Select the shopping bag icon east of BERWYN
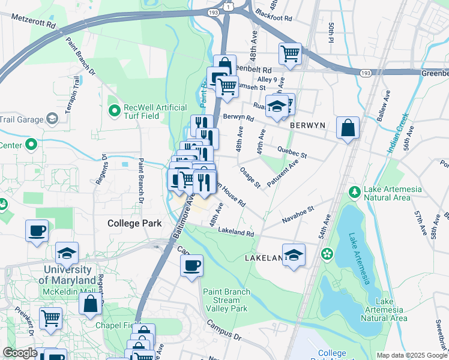348,128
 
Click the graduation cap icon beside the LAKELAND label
294,254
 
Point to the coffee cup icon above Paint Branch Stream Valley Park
191,266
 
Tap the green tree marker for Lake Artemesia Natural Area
355,191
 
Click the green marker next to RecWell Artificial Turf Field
114,110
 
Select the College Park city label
134,223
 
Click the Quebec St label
292,152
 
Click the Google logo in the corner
20,353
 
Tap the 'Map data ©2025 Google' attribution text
411,355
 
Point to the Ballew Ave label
384,106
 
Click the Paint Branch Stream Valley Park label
226,300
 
